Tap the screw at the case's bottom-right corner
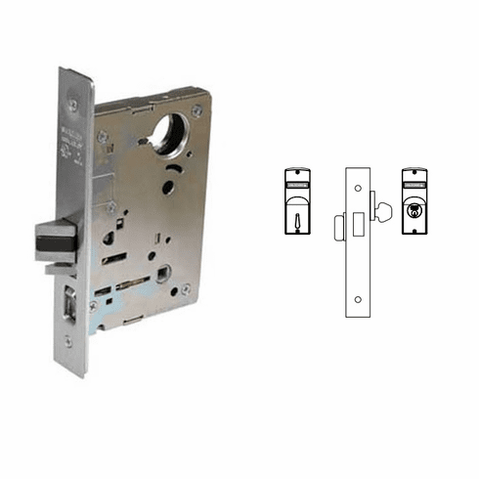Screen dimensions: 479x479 pyautogui.click(x=186, y=288)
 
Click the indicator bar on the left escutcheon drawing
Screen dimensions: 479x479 pyautogui.click(x=298, y=182)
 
